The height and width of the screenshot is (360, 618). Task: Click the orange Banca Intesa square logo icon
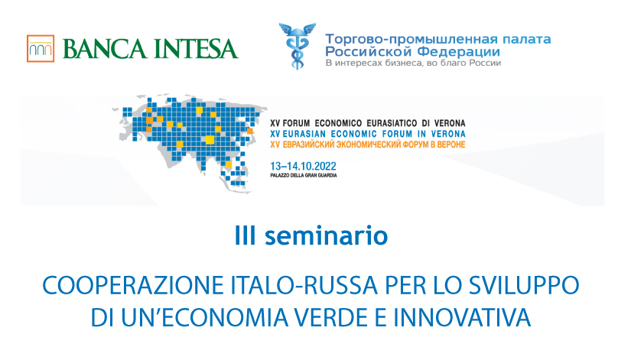pos(41,48)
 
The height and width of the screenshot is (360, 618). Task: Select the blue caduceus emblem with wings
pos(298,46)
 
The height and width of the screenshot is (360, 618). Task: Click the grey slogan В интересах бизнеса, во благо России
pos(413,63)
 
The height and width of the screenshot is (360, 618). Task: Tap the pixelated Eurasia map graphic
pos(189,143)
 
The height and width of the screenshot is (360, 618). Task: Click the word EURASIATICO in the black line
pos(392,123)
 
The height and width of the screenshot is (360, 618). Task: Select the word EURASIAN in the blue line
pos(304,134)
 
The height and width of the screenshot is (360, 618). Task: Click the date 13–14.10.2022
pos(303,166)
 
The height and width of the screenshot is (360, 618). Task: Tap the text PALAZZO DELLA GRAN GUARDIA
pos(304,175)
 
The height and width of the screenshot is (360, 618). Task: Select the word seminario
pos(327,235)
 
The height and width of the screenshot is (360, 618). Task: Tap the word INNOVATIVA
pos(462,317)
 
